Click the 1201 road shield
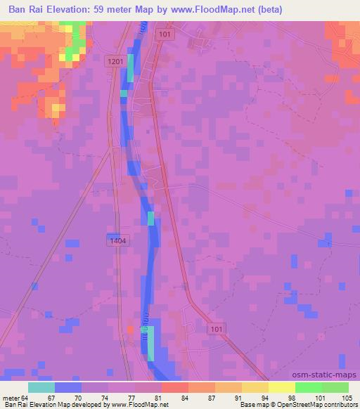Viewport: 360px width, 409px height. click(x=116, y=62)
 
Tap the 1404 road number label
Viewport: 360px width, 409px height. click(x=118, y=240)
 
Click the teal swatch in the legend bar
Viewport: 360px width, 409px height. click(x=41, y=387)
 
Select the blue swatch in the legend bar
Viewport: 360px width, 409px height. click(x=68, y=387)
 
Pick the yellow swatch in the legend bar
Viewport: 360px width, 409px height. click(x=282, y=387)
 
